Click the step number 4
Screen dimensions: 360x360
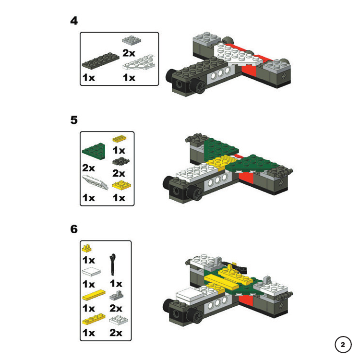click(x=74, y=21)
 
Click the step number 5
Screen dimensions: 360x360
click(x=74, y=120)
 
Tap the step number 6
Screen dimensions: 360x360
click(x=74, y=229)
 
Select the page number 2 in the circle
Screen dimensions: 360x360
click(x=343, y=345)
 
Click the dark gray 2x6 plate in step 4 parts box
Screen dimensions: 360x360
click(x=101, y=60)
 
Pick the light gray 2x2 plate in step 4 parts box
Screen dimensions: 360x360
click(x=132, y=40)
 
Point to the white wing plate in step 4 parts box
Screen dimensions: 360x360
click(x=139, y=62)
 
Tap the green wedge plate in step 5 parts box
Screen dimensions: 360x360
click(x=94, y=151)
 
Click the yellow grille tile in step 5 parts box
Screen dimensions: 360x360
click(x=120, y=138)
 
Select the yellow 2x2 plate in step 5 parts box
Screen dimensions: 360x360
click(x=121, y=185)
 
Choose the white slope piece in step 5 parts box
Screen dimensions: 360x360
click(x=95, y=182)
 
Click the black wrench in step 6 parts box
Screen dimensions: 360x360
click(x=112, y=264)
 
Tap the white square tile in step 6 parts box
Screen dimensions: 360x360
click(x=91, y=272)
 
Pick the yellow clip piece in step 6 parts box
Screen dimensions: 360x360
click(x=86, y=248)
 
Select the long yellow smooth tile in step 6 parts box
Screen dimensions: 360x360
click(x=94, y=295)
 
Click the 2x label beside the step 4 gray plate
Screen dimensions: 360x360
click(x=129, y=53)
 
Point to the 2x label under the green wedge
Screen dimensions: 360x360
click(x=88, y=168)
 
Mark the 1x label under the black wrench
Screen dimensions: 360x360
click(x=116, y=284)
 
